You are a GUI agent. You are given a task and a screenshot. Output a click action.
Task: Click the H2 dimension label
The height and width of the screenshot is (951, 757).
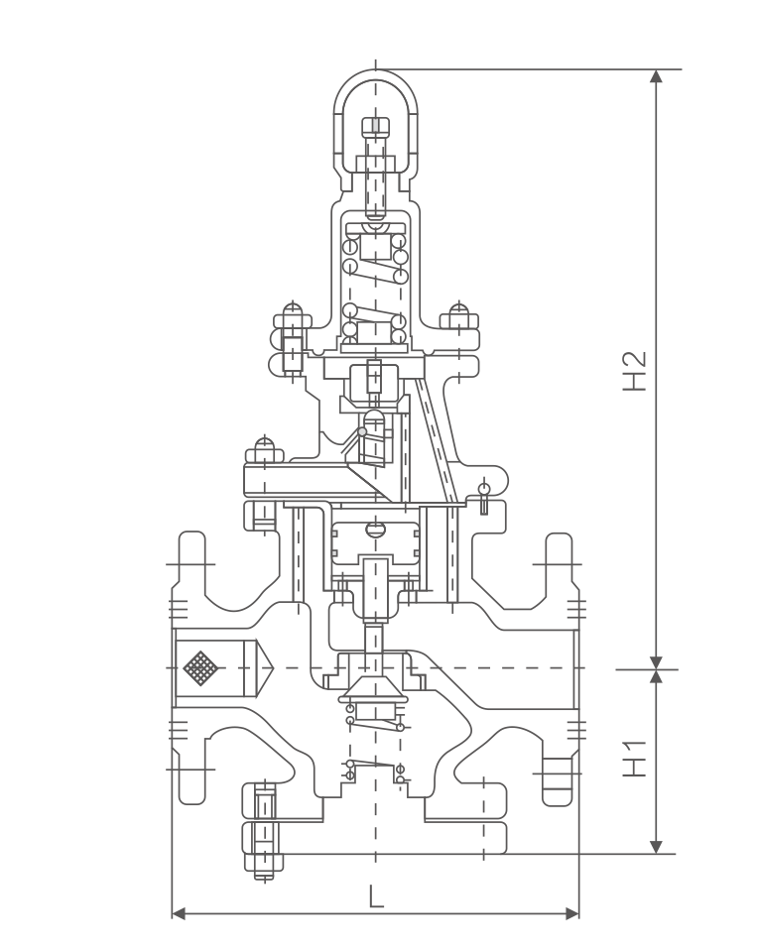tap(635, 371)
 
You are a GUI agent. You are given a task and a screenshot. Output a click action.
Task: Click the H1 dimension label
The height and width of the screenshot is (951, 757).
tap(635, 759)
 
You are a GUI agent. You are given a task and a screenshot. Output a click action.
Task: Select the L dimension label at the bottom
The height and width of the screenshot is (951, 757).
tap(376, 898)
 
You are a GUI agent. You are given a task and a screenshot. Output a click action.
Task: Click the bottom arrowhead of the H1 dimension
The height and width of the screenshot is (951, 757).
tap(656, 846)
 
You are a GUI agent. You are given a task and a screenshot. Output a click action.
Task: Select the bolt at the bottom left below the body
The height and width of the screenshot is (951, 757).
tap(264, 833)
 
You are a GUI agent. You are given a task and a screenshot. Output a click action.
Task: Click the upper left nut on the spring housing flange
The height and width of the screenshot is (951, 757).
tap(293, 317)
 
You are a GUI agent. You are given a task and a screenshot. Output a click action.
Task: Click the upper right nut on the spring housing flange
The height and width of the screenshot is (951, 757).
tap(458, 317)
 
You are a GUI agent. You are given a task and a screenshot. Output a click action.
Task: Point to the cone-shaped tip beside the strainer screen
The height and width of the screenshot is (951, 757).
tap(266, 667)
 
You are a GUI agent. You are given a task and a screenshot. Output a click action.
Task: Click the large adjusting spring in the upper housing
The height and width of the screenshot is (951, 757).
tap(375, 283)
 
